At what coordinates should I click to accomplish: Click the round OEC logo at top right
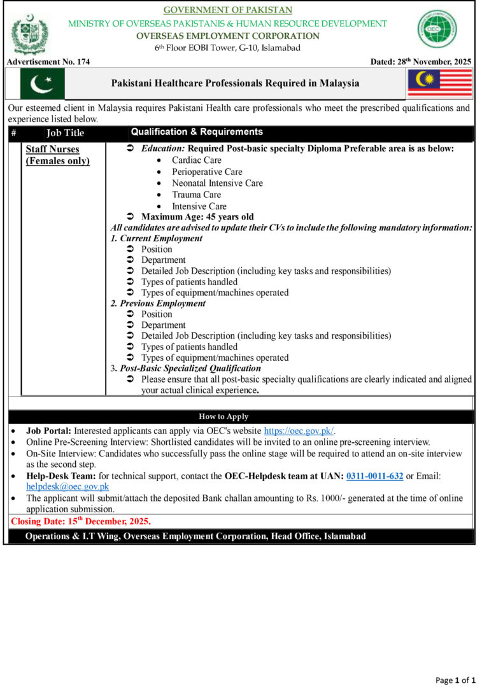[437, 29]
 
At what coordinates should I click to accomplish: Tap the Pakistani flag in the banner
[42, 83]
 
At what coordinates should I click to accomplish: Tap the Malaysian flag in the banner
[439, 83]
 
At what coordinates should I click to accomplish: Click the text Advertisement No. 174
[48, 62]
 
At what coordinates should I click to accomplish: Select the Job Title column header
[65, 133]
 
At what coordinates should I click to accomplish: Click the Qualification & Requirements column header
[197, 132]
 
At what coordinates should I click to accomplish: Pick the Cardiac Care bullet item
[197, 160]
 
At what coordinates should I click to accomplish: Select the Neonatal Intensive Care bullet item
[217, 183]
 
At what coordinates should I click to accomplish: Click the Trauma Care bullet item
[197, 195]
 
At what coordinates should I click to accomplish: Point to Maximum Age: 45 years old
[197, 217]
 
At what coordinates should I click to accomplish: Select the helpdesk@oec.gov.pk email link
[67, 486]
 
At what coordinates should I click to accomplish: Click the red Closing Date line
[81, 521]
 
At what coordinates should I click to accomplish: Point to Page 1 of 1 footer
[455, 680]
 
